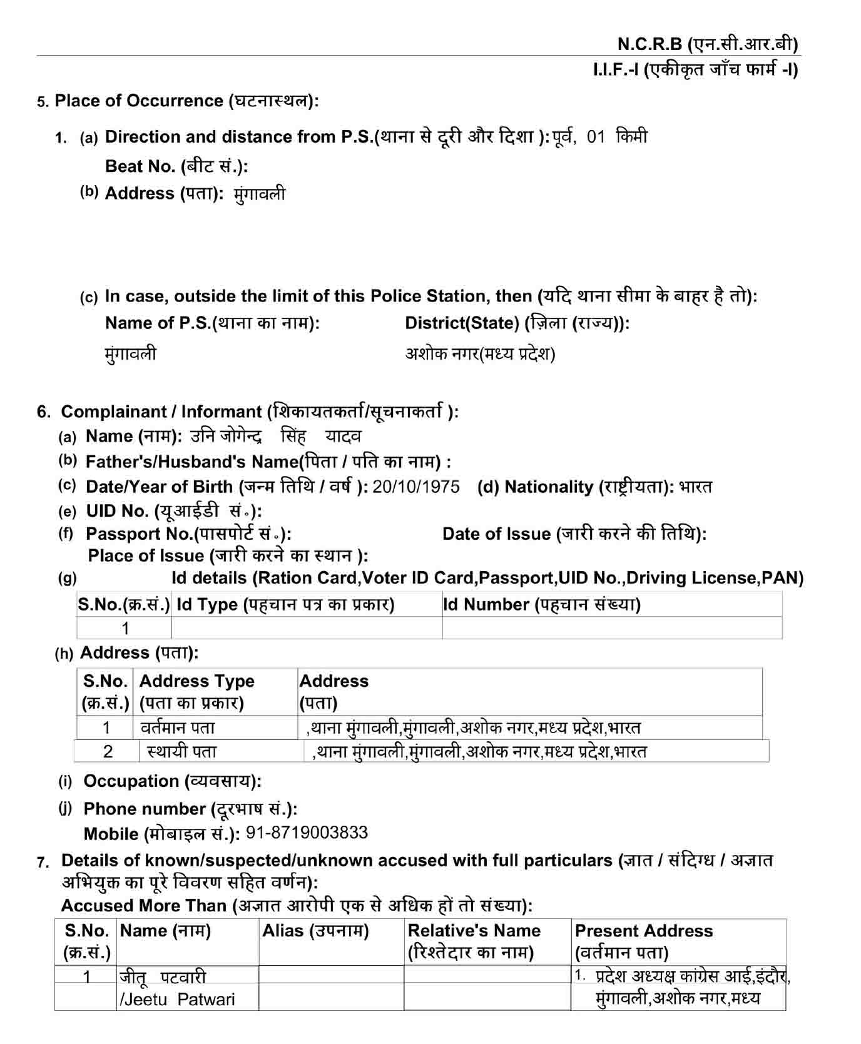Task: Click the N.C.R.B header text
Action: tap(707, 44)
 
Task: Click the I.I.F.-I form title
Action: tap(695, 70)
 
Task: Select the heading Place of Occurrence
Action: tap(186, 101)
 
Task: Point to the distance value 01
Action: tap(596, 137)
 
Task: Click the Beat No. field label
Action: tap(176, 166)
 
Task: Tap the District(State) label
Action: tap(517, 323)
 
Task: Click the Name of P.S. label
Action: tap(212, 323)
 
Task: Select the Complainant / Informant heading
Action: tap(259, 412)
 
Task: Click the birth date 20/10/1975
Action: tap(416, 487)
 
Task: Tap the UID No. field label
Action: tap(174, 512)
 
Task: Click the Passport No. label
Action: tap(188, 534)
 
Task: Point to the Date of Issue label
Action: tap(574, 534)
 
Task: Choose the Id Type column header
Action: tap(285, 605)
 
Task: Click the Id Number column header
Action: tap(542, 605)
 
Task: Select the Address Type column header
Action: tap(196, 691)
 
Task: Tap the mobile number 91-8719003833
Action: tap(307, 833)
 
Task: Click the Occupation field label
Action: tap(172, 781)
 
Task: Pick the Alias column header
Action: tap(315, 931)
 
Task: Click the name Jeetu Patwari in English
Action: tap(178, 1000)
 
